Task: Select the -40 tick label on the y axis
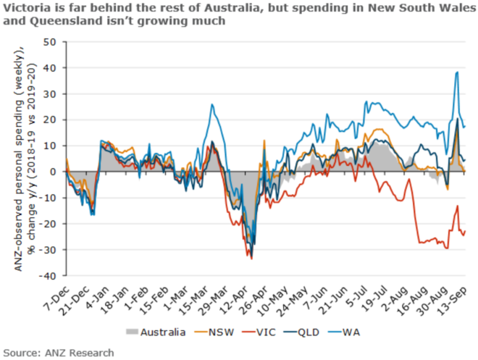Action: (48, 276)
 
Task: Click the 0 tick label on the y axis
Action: (54, 172)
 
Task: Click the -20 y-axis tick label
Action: (48, 224)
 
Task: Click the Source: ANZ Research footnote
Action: (57, 352)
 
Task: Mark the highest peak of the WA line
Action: (457, 72)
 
